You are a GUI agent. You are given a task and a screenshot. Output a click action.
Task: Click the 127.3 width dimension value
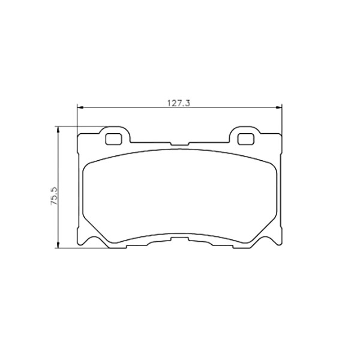coord(179,103)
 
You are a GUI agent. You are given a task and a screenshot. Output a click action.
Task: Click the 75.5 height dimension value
coord(55,196)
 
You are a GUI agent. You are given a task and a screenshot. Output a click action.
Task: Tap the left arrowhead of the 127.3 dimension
coord(80,107)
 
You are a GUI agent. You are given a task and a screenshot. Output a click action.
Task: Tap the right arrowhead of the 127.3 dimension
coord(279,107)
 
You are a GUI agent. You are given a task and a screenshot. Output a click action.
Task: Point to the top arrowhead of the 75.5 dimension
coord(58,130)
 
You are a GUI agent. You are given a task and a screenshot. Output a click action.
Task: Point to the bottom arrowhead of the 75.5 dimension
coord(58,245)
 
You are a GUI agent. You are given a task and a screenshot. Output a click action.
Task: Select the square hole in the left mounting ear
coord(113,139)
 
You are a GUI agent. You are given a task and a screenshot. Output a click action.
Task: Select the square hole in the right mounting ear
coord(245,139)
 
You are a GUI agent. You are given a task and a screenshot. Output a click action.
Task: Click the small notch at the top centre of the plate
coord(179,144)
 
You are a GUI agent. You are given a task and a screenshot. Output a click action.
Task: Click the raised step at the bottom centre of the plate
coord(179,239)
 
